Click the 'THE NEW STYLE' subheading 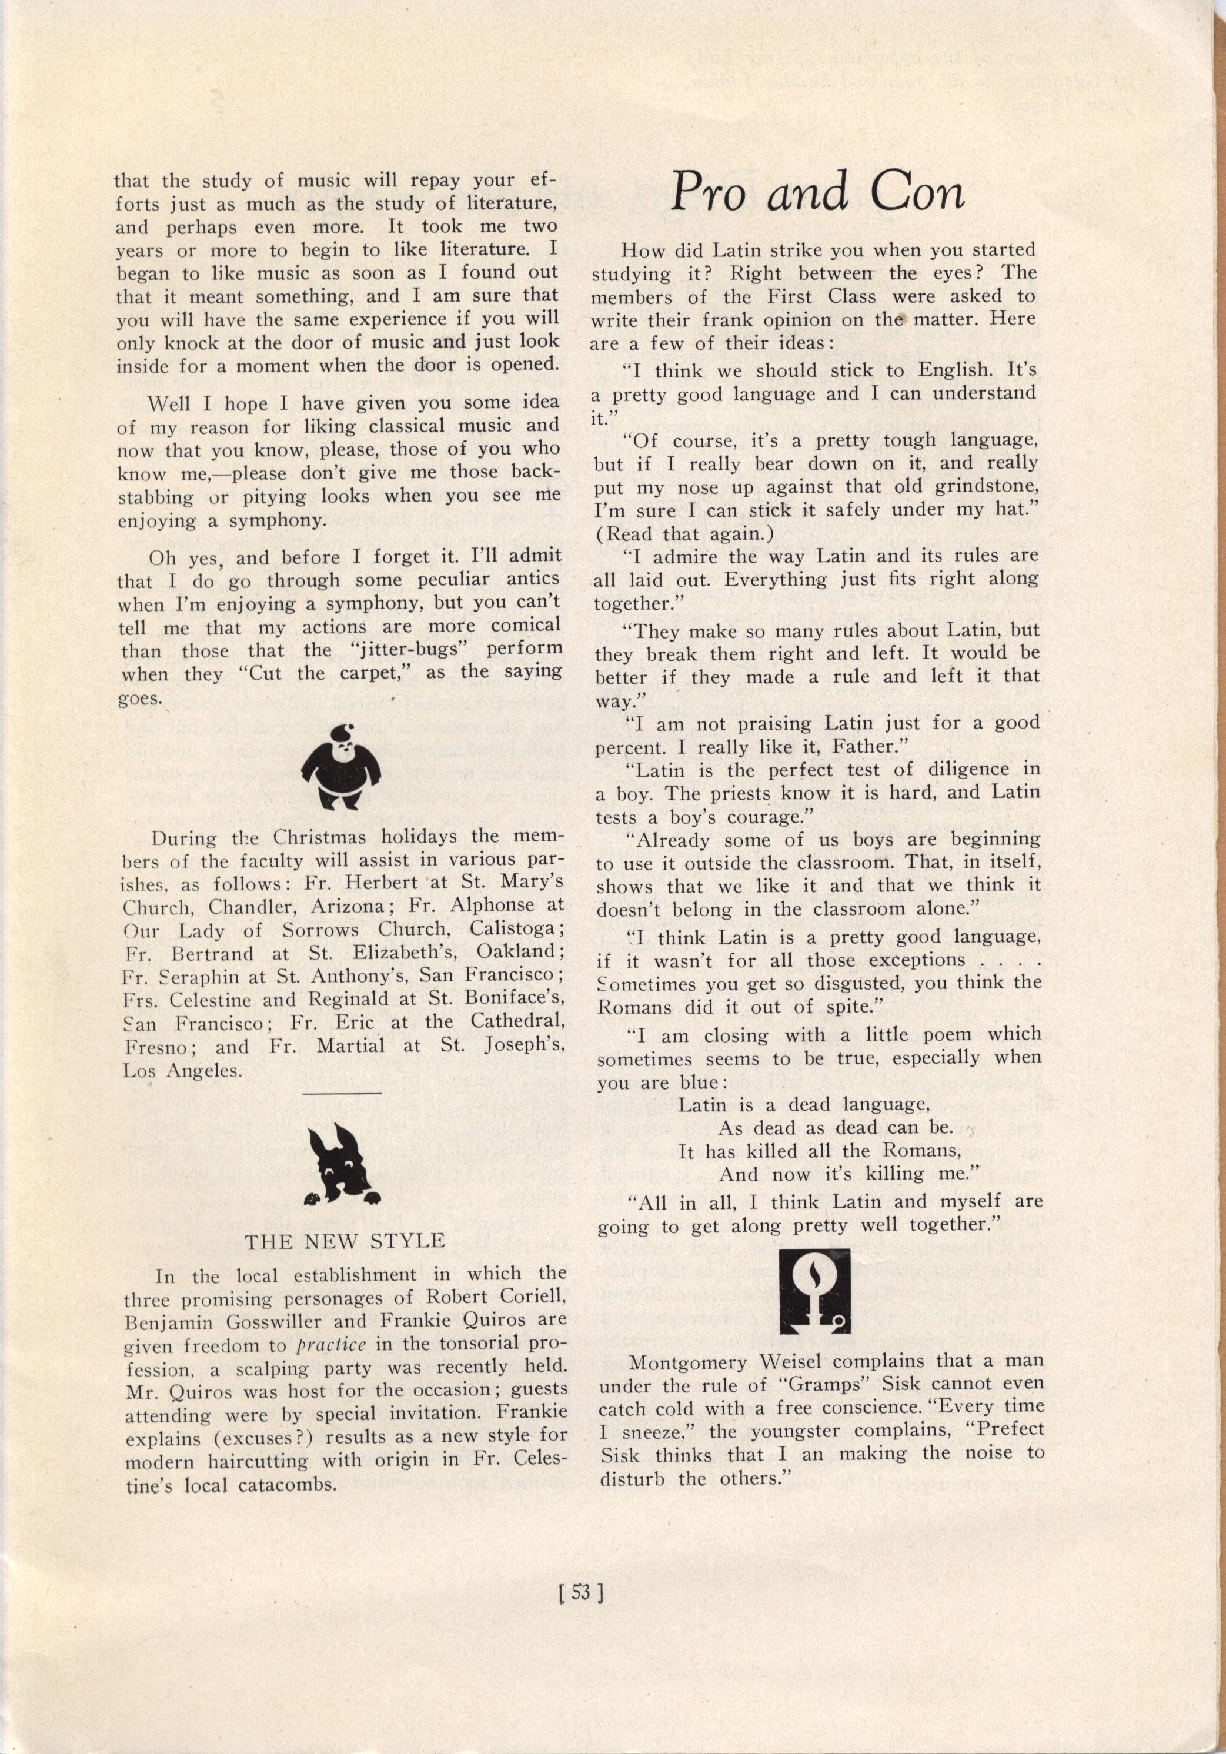[x=345, y=1241]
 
